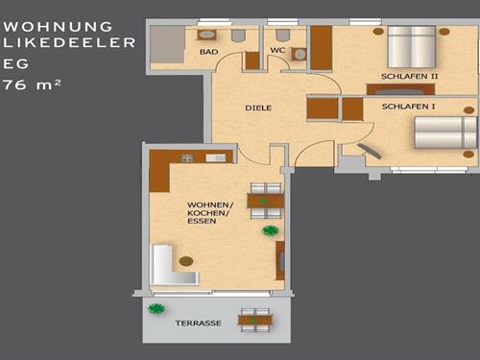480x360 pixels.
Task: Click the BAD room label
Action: coord(208,52)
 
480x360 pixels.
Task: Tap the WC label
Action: coord(277,50)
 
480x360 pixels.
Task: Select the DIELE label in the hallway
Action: coord(258,108)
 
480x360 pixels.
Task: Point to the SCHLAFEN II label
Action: coord(409,77)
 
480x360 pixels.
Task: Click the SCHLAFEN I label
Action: coord(408,107)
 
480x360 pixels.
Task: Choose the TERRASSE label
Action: coord(198,324)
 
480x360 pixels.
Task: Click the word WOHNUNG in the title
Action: coord(58,27)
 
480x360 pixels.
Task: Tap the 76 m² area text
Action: coord(32,85)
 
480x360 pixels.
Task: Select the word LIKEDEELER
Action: coord(69,43)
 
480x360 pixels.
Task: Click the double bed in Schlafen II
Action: coord(412,47)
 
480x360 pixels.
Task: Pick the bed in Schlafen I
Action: coord(446,132)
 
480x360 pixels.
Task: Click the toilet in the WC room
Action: coord(282,36)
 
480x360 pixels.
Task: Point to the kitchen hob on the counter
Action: coord(187,157)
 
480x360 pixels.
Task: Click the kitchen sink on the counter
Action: coord(215,157)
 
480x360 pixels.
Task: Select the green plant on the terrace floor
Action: coord(156,309)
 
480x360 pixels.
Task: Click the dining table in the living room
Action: coord(266,201)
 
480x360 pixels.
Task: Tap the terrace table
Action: coord(255,320)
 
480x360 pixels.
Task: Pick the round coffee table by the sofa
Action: coord(186,261)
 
